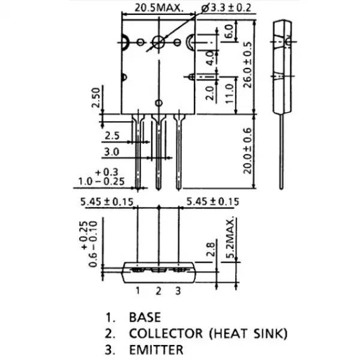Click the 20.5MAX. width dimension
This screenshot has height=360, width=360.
tap(157, 8)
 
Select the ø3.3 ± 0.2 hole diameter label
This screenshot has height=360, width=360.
tap(226, 8)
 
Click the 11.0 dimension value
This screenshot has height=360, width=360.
tap(228, 94)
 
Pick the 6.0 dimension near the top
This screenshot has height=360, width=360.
tap(228, 32)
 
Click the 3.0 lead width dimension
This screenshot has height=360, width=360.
tap(112, 151)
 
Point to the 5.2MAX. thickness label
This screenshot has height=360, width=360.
tap(230, 238)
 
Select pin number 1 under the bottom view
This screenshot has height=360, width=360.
tap(137, 292)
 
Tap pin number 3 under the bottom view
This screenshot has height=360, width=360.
tap(178, 292)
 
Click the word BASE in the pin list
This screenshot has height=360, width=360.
tap(145, 317)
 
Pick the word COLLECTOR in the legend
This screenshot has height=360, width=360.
tap(163, 333)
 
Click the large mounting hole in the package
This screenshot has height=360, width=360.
tap(160, 42)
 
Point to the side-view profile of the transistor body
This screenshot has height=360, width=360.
tap(283, 66)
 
